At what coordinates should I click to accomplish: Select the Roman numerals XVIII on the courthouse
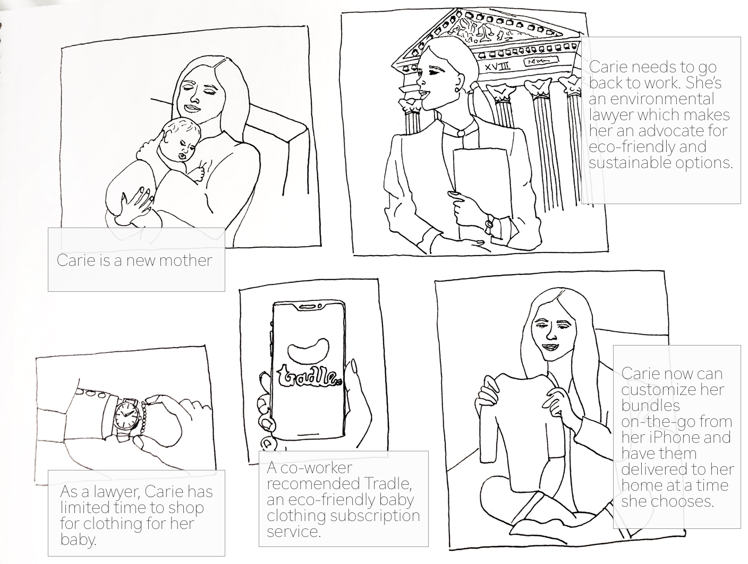point(498,66)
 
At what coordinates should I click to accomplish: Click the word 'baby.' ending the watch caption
point(79,540)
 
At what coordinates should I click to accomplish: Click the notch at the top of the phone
point(311,307)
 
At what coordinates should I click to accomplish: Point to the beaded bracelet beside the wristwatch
point(144,419)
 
